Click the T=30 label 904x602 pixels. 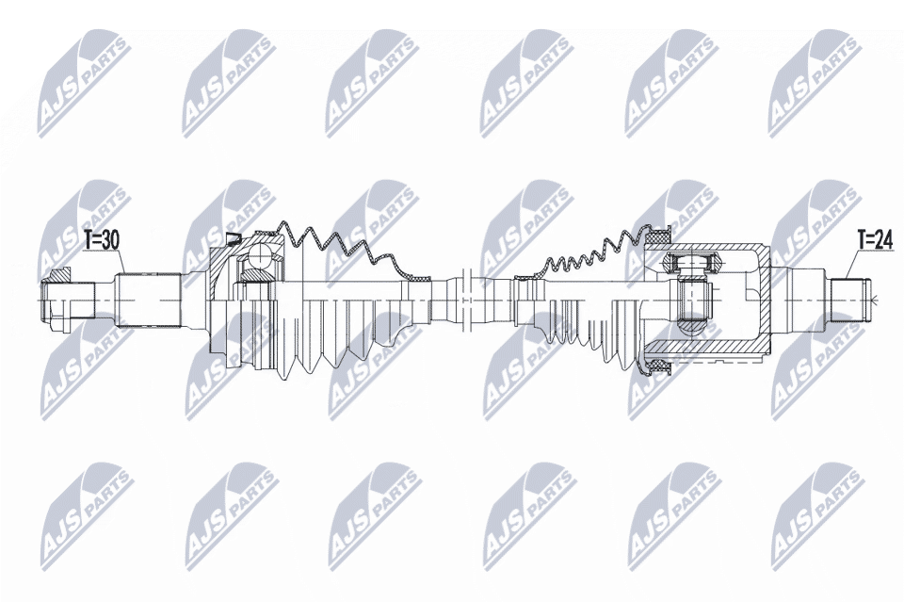(102, 241)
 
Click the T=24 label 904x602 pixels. (875, 241)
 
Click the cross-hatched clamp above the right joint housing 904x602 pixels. (656, 236)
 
